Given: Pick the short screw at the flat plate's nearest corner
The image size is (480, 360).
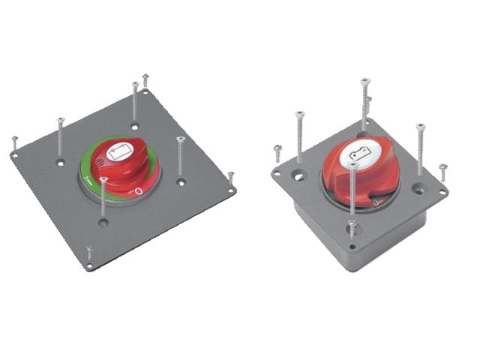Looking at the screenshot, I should tap(89, 255).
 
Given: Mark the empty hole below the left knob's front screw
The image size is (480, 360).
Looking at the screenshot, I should tap(103, 222).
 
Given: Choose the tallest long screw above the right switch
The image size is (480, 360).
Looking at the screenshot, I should tap(364, 105).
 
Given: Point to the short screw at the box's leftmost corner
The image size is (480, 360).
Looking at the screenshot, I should tap(277, 154).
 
